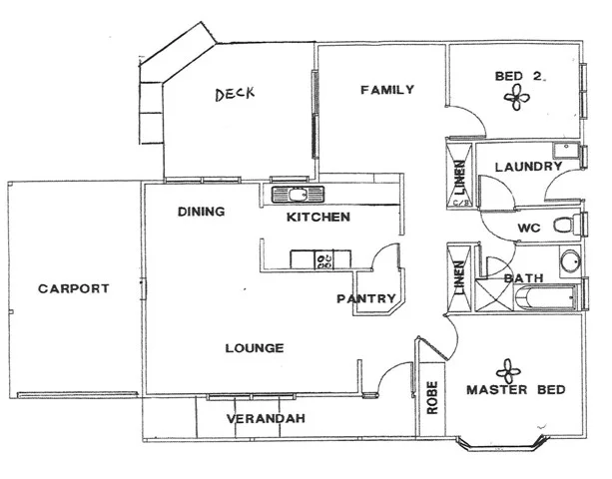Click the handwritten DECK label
coord(236,95)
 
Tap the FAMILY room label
coord(386,90)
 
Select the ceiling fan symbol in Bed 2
coord(517,96)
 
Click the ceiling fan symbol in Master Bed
coord(509,369)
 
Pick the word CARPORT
coord(73,288)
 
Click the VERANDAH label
coord(265,418)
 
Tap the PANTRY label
coord(365,298)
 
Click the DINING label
coord(201,212)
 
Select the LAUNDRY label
coord(527,167)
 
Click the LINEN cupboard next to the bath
coord(459,271)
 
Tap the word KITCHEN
coord(317,217)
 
